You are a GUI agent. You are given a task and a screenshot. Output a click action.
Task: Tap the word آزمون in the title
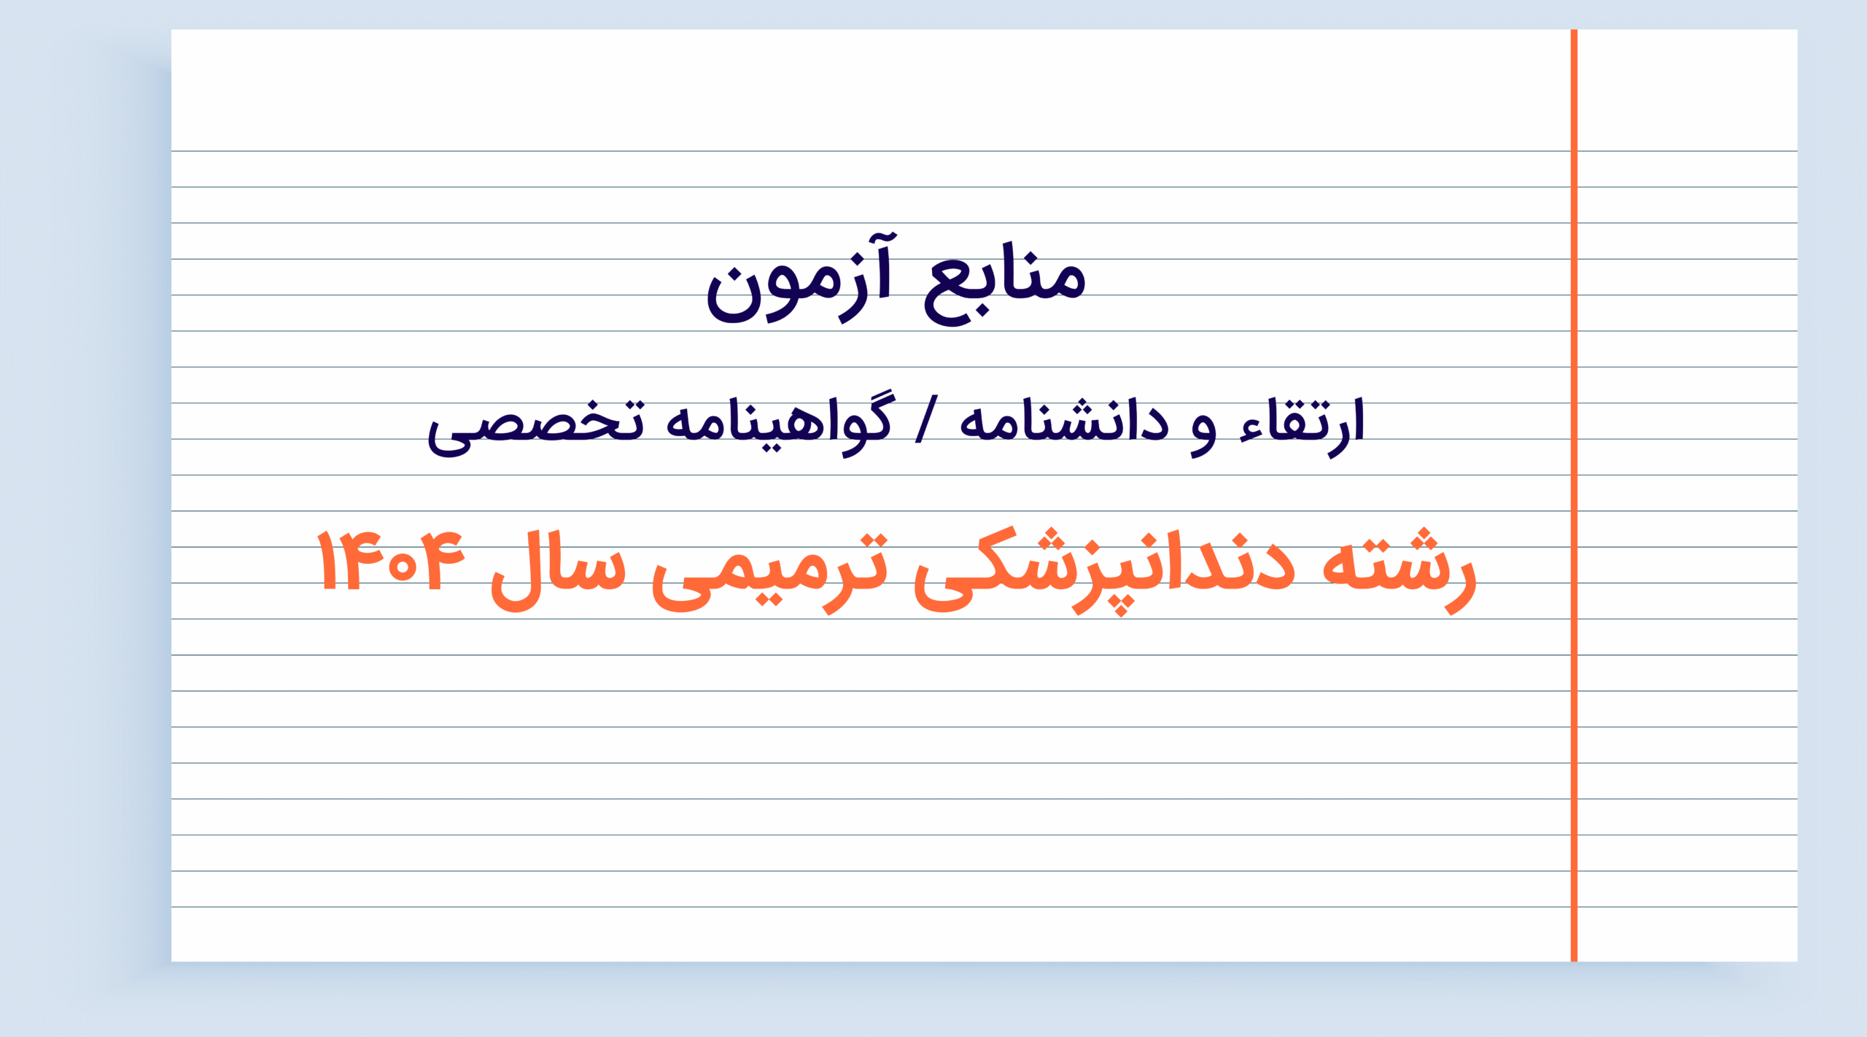point(798,280)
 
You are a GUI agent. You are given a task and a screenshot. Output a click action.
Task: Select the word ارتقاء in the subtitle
point(1302,426)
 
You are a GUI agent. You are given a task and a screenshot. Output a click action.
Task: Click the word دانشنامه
point(1064,421)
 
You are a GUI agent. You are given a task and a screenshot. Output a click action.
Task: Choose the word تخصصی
point(536,428)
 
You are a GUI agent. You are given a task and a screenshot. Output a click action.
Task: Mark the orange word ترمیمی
point(770,572)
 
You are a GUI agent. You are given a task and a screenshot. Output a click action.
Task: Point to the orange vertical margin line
point(1574,495)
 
